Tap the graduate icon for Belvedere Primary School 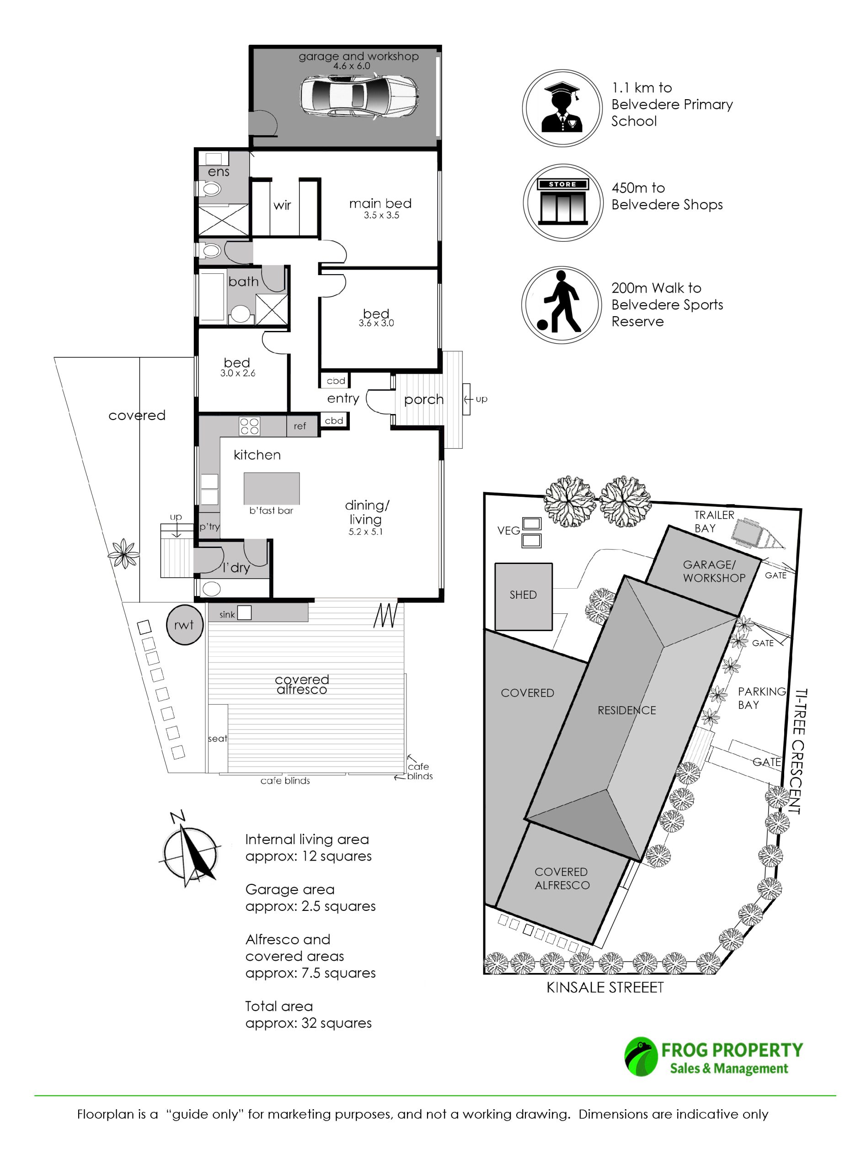[x=562, y=108]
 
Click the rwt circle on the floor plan [x=184, y=625]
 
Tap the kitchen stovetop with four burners [x=249, y=426]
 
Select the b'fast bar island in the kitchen [x=272, y=489]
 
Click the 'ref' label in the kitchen [x=300, y=426]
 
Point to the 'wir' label [x=282, y=205]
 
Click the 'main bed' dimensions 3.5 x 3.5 [x=381, y=215]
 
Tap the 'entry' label [x=343, y=398]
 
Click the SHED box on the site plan [x=524, y=596]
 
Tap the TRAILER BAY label [x=714, y=521]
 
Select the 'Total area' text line [x=279, y=1006]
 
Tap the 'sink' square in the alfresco [x=244, y=612]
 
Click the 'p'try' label [x=209, y=526]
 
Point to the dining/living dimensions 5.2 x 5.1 [x=365, y=532]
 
